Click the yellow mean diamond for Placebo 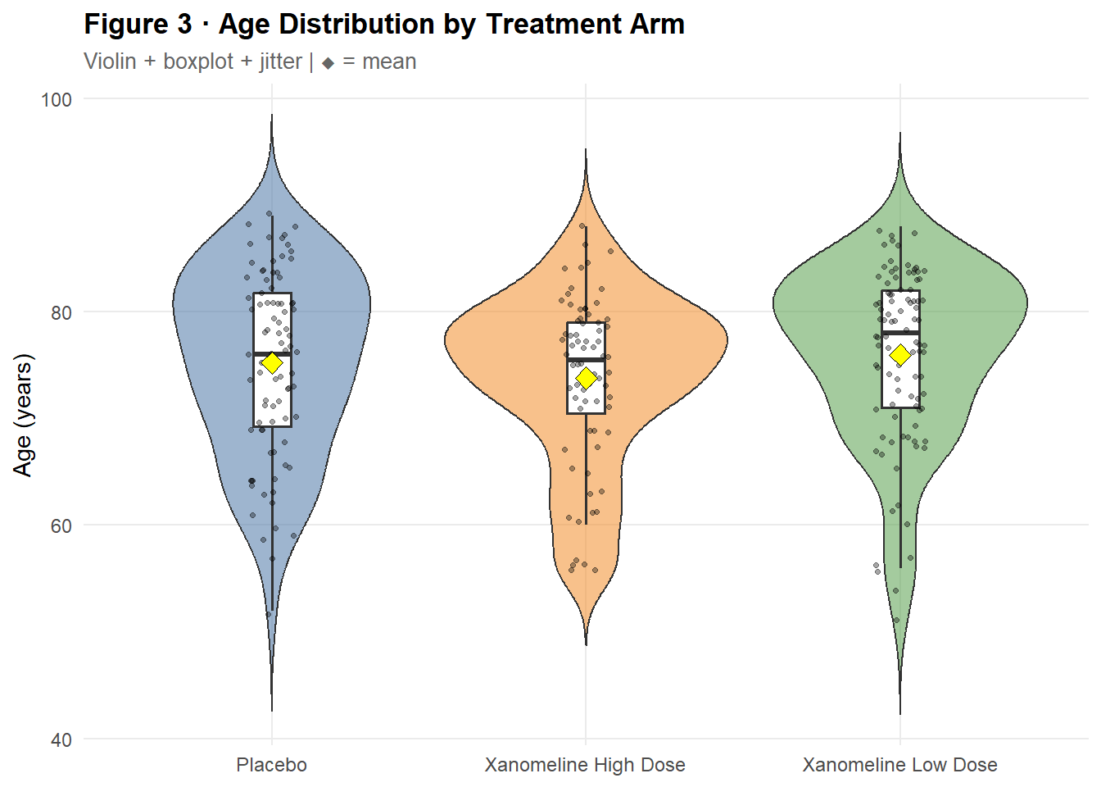tap(272, 362)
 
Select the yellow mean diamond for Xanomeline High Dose tap(586, 378)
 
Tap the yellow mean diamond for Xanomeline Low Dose tap(900, 355)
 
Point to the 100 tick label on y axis tap(57, 100)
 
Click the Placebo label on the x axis tap(272, 765)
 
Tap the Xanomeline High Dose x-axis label tap(585, 765)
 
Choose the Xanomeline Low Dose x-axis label tap(899, 765)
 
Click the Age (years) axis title tap(23, 415)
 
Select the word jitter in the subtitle tap(280, 61)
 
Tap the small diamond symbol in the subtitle tap(328, 63)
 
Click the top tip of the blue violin tap(272, 116)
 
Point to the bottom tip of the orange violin tap(586, 644)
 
